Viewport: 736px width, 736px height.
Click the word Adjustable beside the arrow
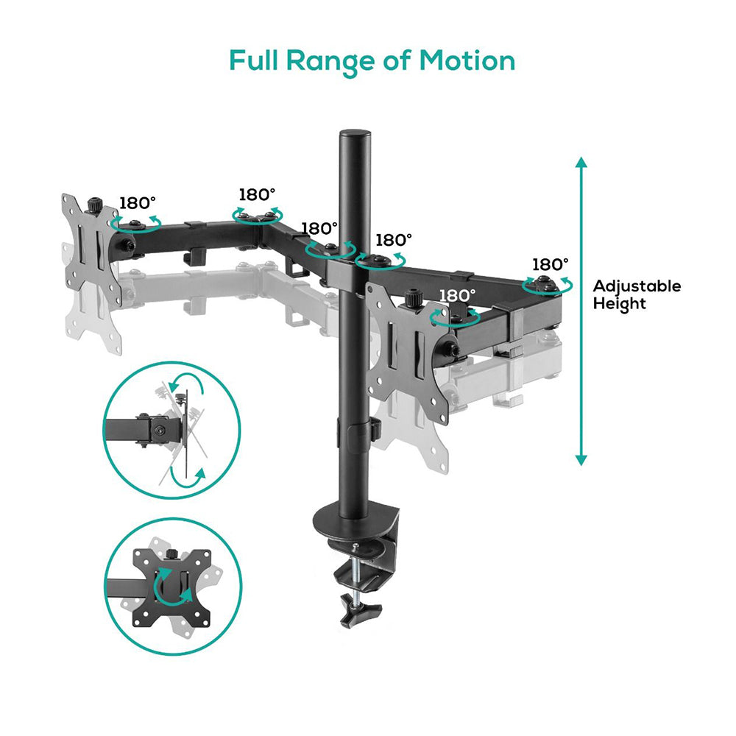pos(637,286)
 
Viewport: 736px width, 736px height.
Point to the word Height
pos(620,303)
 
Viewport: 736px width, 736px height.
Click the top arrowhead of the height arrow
pos(581,163)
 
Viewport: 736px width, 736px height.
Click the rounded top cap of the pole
pos(355,137)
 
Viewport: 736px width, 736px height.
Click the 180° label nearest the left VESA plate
pos(138,203)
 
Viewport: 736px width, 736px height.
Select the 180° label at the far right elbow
pos(551,263)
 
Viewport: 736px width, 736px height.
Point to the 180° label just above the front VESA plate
pos(457,295)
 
